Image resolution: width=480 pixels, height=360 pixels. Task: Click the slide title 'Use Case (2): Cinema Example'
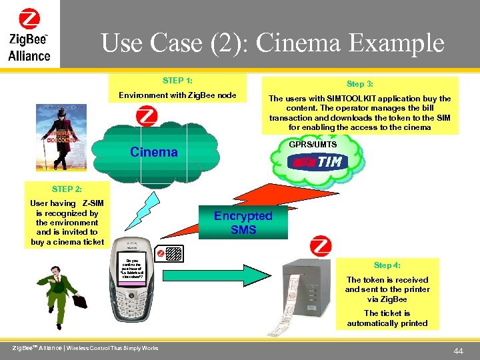tap(272, 44)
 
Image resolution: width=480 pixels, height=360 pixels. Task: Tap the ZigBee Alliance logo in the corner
tap(29, 35)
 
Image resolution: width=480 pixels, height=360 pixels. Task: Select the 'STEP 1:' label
tap(177, 81)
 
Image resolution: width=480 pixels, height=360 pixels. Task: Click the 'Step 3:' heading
tap(359, 84)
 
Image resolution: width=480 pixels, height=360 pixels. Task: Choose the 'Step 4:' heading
tap(387, 265)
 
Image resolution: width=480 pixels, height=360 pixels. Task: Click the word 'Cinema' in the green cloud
tap(154, 152)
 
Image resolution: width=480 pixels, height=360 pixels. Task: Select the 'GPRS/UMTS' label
tap(313, 145)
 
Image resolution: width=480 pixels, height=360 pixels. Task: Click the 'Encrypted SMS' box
tap(243, 223)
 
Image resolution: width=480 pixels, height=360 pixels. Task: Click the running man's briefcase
tap(79, 301)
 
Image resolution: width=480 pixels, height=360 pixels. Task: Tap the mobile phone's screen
tap(132, 271)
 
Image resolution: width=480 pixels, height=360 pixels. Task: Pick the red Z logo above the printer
tap(321, 246)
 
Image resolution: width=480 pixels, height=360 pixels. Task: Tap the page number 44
tap(459, 350)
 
